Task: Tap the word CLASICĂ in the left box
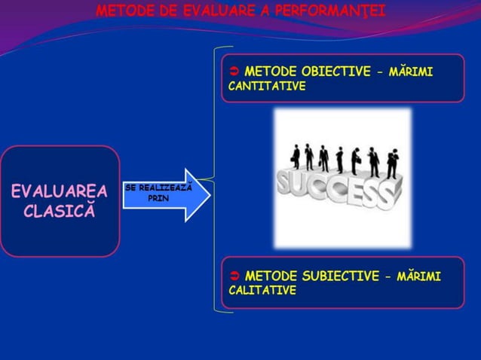pyautogui.click(x=60, y=210)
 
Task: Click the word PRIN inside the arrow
pyautogui.click(x=158, y=199)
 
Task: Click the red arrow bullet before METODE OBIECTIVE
pyautogui.click(x=234, y=72)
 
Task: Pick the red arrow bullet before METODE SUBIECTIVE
pyautogui.click(x=234, y=276)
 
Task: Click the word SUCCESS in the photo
pyautogui.click(x=335, y=191)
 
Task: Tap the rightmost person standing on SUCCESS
pyautogui.click(x=392, y=164)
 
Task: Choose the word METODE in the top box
pyautogui.click(x=271, y=72)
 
